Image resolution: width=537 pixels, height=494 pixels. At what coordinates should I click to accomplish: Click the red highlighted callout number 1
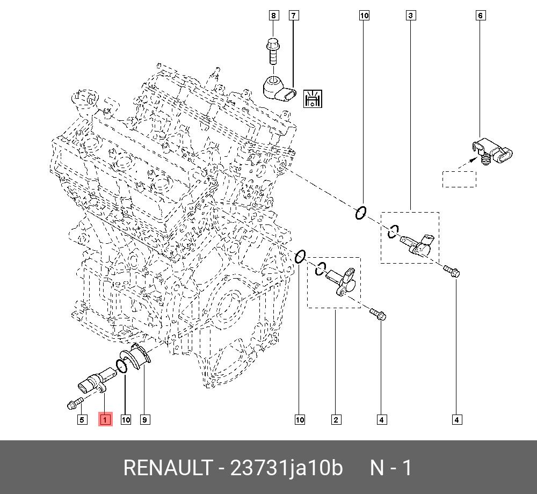pyautogui.click(x=105, y=419)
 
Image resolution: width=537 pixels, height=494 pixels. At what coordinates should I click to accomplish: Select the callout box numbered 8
pyautogui.click(x=274, y=16)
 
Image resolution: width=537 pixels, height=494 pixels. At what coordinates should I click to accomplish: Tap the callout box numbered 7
pyautogui.click(x=293, y=16)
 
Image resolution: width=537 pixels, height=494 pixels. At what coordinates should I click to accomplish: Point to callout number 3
pyautogui.click(x=410, y=16)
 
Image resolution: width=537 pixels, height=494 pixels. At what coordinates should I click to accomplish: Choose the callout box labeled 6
pyautogui.click(x=481, y=16)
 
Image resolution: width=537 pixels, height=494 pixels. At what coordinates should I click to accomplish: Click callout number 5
pyautogui.click(x=82, y=419)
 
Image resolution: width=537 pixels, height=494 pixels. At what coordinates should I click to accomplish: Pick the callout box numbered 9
pyautogui.click(x=144, y=419)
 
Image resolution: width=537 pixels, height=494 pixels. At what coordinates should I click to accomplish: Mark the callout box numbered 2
pyautogui.click(x=336, y=419)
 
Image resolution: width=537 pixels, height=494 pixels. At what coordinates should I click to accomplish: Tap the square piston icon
pyautogui.click(x=312, y=98)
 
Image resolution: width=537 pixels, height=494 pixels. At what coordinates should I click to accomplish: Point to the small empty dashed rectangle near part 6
pyautogui.click(x=459, y=179)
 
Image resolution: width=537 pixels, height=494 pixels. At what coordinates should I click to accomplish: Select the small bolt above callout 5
pyautogui.click(x=75, y=402)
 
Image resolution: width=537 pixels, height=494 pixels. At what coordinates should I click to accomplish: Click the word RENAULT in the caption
pyautogui.click(x=168, y=468)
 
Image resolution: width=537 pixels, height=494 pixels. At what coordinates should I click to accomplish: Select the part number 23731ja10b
pyautogui.click(x=286, y=468)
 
